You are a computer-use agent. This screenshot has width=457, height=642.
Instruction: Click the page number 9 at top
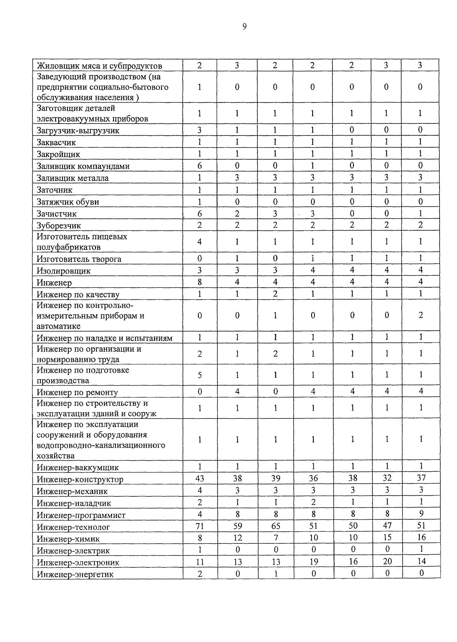coord(244,26)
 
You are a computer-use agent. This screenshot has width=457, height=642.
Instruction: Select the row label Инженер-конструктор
coord(80,479)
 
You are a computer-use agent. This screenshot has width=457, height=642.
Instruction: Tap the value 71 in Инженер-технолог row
coord(200,526)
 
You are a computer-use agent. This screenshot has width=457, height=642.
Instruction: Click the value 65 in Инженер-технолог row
coord(275,526)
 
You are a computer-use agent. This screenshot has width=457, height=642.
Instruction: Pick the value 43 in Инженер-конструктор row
coord(200,479)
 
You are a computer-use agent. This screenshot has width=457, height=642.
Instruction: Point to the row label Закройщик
coord(58,154)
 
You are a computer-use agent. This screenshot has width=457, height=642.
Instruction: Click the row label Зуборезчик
coord(59,226)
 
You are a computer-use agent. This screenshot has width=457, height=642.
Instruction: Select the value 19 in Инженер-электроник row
coord(313,562)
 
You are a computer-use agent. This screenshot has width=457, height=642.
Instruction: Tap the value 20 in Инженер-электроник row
coord(387,561)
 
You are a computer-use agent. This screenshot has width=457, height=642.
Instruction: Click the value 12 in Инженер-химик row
coord(237,538)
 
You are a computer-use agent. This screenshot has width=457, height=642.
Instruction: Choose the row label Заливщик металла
coord(72,178)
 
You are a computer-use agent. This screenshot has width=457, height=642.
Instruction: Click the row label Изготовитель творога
coord(79,259)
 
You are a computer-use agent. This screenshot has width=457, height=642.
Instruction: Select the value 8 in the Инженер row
coord(200,282)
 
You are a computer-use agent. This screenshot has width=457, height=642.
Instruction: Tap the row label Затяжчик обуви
coord(68,202)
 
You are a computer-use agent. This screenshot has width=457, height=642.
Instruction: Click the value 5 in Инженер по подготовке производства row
coord(200,375)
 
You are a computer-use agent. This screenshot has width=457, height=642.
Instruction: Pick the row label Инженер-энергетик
coord(75,574)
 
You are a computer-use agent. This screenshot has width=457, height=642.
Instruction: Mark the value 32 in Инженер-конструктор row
coord(387,478)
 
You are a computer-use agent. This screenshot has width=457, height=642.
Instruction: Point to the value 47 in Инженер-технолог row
coord(387,526)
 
